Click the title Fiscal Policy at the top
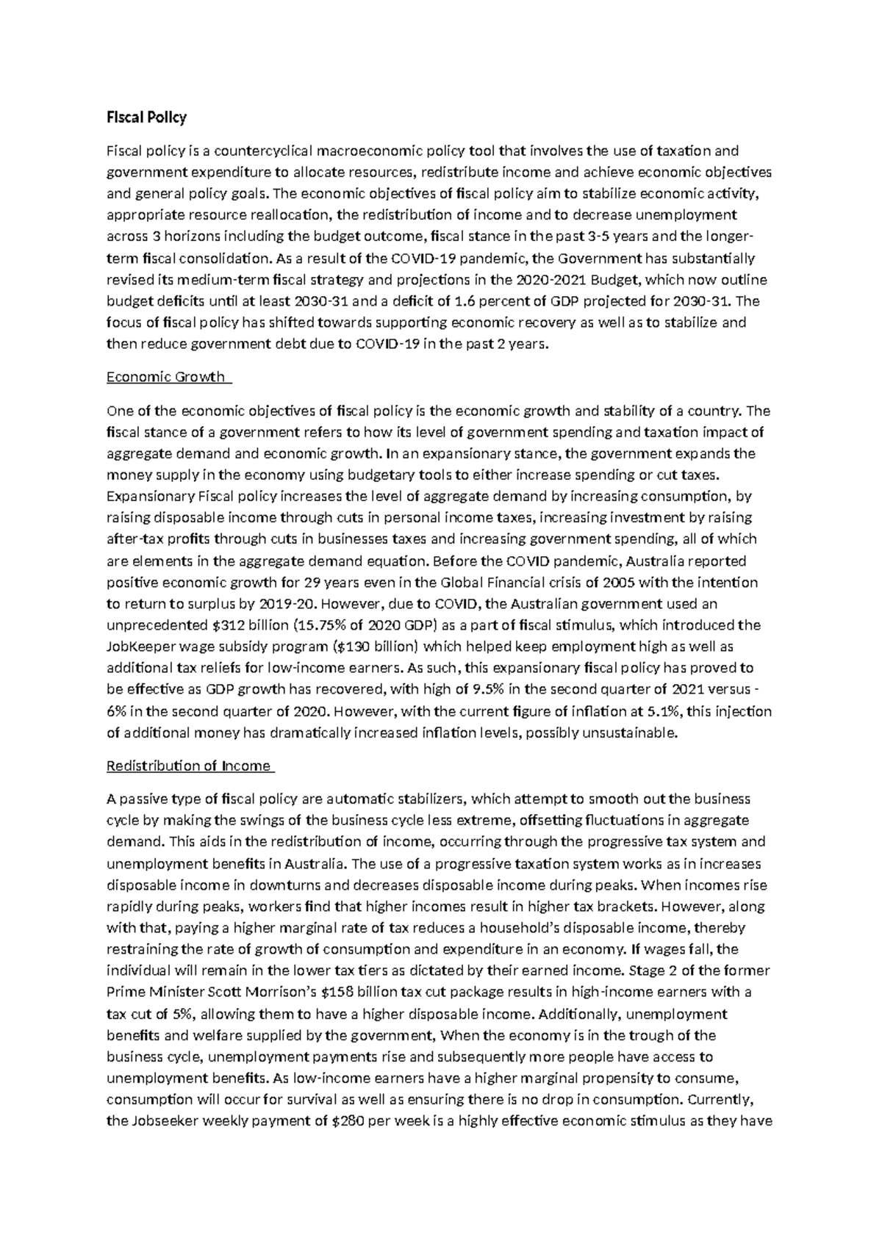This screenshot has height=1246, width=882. pyautogui.click(x=146, y=117)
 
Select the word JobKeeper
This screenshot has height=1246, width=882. pyautogui.click(x=140, y=647)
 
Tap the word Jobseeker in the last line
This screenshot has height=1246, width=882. pyautogui.click(x=165, y=1121)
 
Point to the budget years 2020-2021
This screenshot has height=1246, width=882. pyautogui.click(x=551, y=280)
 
